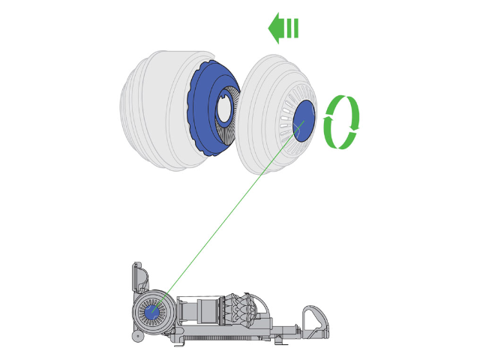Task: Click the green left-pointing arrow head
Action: (x=276, y=28)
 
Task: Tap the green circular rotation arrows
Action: (x=341, y=121)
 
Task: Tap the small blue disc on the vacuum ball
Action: (x=151, y=311)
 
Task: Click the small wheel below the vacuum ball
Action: (x=137, y=337)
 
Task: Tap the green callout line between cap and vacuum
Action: (x=225, y=217)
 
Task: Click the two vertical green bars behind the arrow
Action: (x=292, y=28)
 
